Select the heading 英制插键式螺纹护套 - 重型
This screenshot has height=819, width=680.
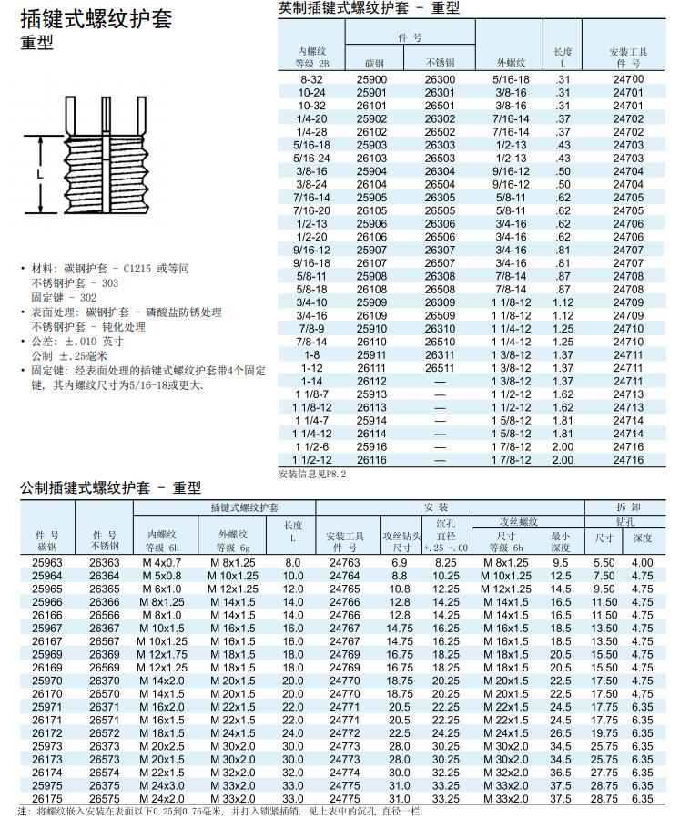tap(369, 8)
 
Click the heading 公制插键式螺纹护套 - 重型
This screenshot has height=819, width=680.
tap(110, 488)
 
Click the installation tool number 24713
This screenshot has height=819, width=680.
tap(627, 394)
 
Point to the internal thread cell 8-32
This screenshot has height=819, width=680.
tap(311, 80)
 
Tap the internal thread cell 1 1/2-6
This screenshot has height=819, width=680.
tap(311, 447)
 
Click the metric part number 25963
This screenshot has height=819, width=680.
tap(47, 564)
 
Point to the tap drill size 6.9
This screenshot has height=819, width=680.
tap(400, 564)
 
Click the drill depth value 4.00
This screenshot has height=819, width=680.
tap(642, 564)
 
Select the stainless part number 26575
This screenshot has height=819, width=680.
tap(104, 799)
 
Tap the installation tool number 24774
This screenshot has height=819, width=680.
tap(344, 773)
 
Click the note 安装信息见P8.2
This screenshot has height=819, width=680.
tap(311, 474)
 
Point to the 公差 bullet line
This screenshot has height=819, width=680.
tap(77, 342)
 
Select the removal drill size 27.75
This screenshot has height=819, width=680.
tap(604, 773)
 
